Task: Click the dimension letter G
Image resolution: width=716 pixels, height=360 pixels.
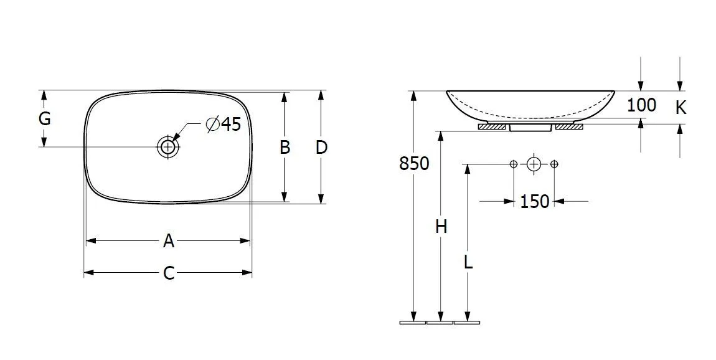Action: coord(44,119)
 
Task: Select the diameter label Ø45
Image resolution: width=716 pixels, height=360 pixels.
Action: coord(223,124)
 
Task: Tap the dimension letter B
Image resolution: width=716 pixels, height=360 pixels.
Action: coord(285,147)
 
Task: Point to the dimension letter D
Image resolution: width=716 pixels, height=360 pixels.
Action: coord(321,147)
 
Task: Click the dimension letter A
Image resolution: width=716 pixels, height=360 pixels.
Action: coord(169,241)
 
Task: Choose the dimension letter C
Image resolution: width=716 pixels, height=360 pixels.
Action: coord(169,273)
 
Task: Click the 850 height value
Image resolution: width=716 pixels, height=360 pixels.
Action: coord(414,163)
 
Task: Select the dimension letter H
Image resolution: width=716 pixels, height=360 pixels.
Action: coord(441,226)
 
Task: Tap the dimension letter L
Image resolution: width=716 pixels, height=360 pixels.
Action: coord(468,262)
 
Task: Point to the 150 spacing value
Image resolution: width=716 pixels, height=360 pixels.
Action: coord(534,201)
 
